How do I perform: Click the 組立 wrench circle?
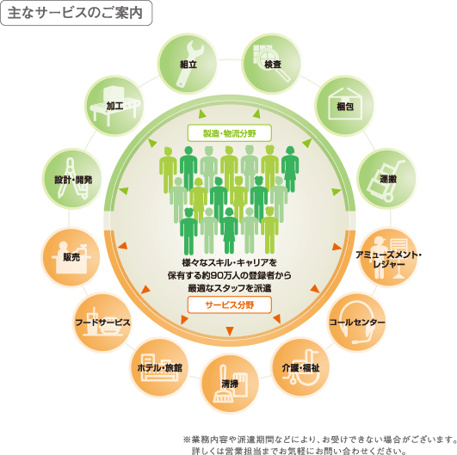click(188, 64)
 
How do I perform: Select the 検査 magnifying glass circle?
click(272, 64)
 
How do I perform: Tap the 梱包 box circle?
click(345, 106)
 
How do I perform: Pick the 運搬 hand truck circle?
click(387, 179)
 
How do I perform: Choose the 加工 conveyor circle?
click(114, 106)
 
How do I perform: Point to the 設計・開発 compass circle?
click(72, 179)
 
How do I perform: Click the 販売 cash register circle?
click(71, 257)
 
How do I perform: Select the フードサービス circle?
click(102, 323)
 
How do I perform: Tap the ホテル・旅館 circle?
click(159, 367)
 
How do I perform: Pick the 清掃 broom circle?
click(230, 384)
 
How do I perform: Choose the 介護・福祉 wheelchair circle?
click(300, 367)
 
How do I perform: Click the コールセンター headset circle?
click(357, 323)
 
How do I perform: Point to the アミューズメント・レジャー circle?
click(388, 257)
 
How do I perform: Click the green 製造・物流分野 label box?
click(230, 133)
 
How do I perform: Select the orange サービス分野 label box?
click(230, 304)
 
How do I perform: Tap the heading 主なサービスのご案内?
click(75, 13)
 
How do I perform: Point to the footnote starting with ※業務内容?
click(319, 446)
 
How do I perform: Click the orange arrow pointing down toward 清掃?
click(230, 331)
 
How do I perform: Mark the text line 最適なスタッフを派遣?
click(230, 288)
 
